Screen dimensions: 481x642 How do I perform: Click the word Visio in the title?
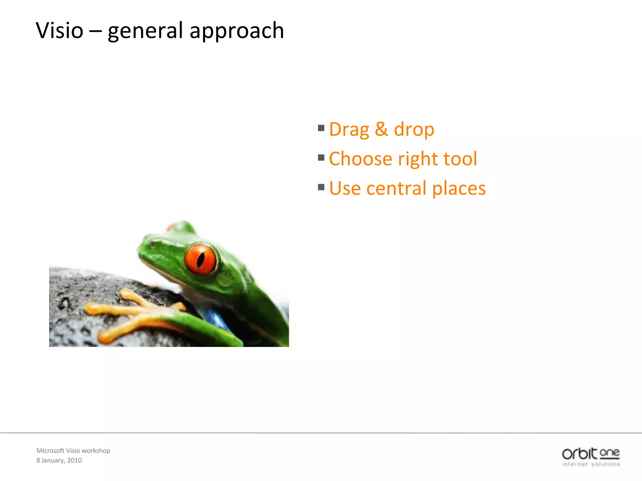pos(60,31)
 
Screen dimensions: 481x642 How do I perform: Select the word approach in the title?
pos(237,31)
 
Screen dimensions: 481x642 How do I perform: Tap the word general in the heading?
pos(145,31)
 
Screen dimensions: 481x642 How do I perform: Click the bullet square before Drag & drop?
pos(321,128)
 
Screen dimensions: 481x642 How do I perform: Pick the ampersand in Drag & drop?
pos(381,129)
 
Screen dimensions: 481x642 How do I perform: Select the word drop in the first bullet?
pos(414,129)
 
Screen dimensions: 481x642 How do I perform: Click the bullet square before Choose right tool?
pos(321,158)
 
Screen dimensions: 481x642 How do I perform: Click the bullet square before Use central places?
pos(321,187)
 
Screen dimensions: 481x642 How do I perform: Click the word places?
pos(459,188)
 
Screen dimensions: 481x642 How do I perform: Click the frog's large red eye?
pos(201,259)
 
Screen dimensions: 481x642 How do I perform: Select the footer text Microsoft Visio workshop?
pos(73,451)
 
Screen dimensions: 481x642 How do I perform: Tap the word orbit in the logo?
pos(579,453)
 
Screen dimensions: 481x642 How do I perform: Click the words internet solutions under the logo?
pos(591,464)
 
